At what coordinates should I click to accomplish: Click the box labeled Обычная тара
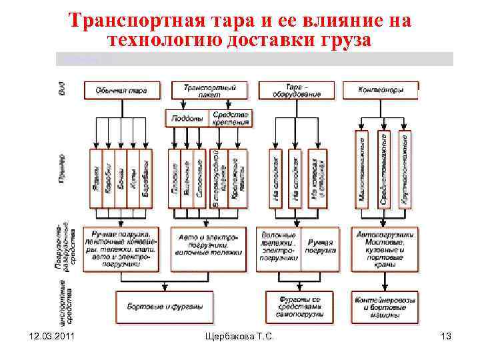point(121,89)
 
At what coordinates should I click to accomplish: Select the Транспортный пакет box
point(209,89)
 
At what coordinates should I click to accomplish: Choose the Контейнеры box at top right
point(381,89)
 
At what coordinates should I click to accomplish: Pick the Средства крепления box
point(231,118)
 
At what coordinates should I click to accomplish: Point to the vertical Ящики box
point(95,177)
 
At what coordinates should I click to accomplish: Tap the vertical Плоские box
point(175,177)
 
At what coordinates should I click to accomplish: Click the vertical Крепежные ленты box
point(233,177)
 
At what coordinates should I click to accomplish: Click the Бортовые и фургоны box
point(160,307)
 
